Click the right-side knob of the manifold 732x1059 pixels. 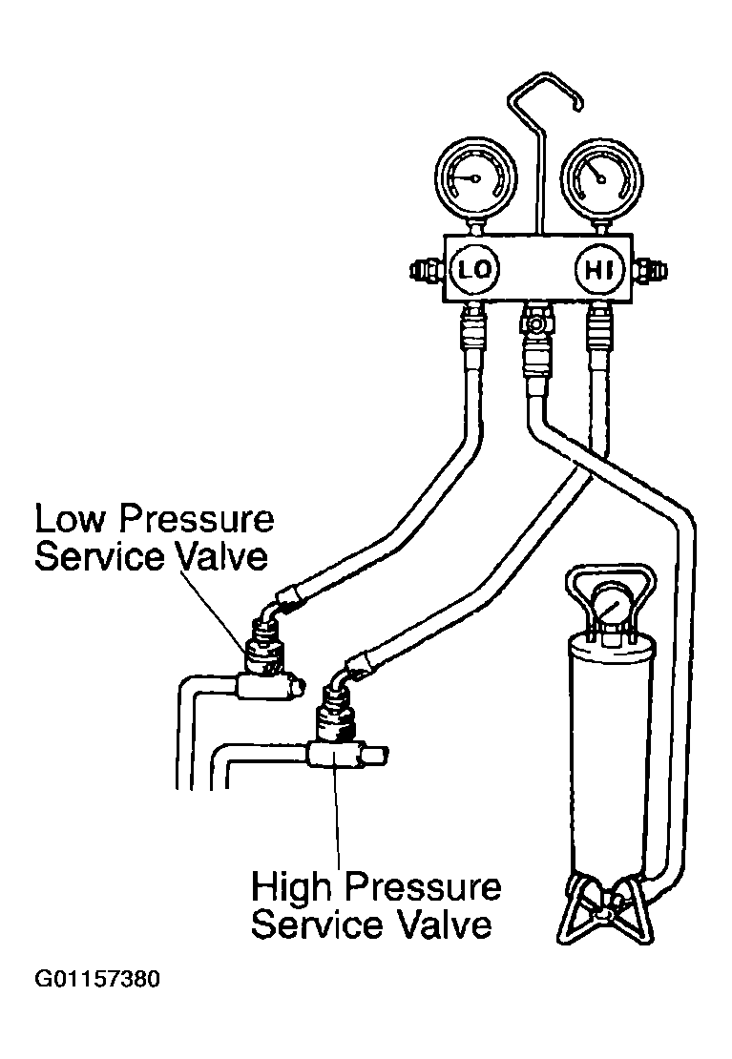(x=652, y=270)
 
